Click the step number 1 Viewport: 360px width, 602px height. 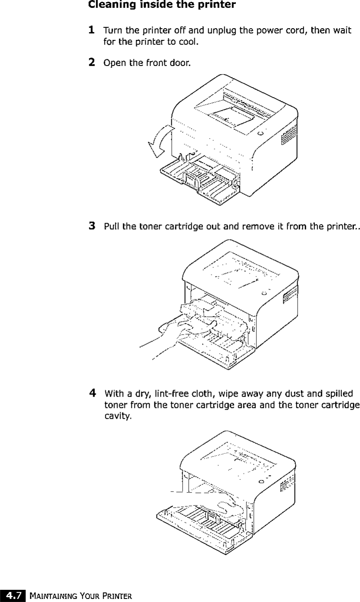92,30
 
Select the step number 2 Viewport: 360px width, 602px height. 92,62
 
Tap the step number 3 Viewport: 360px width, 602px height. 92,226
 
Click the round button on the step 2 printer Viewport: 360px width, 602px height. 260,133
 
